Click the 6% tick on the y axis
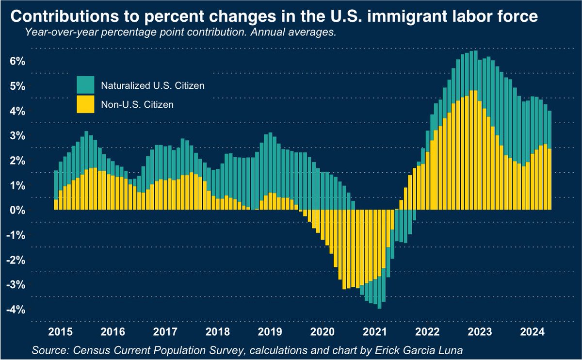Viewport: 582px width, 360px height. click(17, 61)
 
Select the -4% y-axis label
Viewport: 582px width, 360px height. click(15, 310)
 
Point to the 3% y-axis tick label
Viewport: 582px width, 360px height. click(17, 135)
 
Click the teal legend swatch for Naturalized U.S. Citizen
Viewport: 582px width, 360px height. click(86, 85)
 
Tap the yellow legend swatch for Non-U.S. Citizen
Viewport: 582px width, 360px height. click(86, 104)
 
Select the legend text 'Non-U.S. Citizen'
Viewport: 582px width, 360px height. click(137, 104)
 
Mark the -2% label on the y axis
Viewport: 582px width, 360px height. click(15, 260)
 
